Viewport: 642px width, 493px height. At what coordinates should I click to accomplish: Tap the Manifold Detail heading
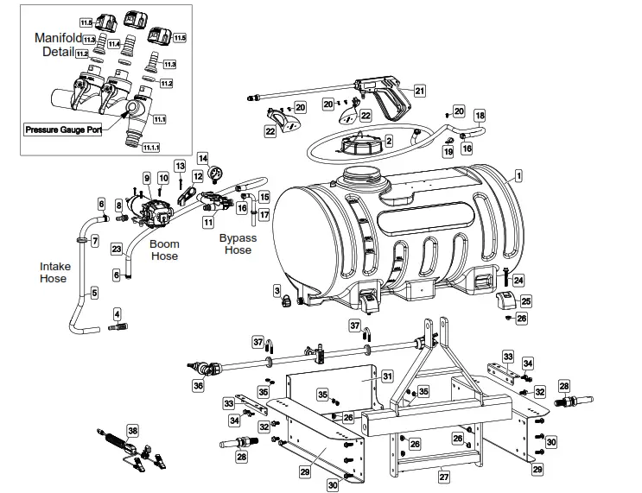tap(58, 45)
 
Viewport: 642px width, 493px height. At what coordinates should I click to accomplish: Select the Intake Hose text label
tap(54, 273)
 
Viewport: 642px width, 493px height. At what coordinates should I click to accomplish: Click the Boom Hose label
tap(164, 250)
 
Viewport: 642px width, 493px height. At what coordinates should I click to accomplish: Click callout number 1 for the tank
tap(518, 175)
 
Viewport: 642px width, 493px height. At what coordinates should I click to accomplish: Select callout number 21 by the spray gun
tap(419, 90)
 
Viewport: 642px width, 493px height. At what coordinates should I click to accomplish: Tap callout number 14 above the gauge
tap(203, 158)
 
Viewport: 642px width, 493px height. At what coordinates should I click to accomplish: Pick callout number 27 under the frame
tap(444, 475)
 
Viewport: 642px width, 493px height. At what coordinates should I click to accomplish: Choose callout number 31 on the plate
tap(388, 376)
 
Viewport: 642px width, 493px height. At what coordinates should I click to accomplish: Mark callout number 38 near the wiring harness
tap(132, 430)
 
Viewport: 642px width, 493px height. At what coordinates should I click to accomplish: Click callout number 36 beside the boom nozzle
tap(199, 386)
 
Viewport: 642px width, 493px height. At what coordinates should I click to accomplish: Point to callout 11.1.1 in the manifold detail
tap(150, 148)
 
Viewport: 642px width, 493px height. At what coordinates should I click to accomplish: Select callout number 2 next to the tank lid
tap(389, 140)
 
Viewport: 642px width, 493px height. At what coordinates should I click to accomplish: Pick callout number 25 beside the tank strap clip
tap(525, 301)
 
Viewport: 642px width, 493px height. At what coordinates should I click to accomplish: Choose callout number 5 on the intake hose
tap(95, 293)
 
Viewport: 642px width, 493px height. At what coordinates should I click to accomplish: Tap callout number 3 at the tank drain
tap(277, 290)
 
